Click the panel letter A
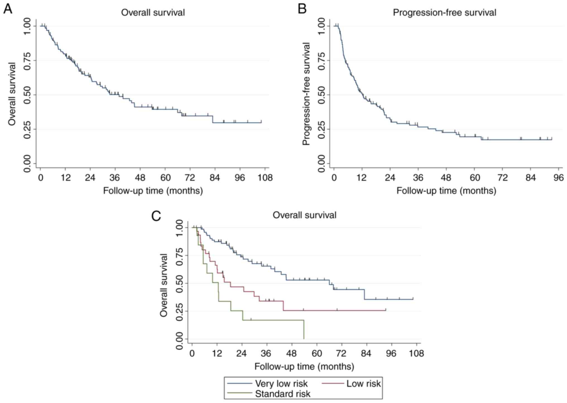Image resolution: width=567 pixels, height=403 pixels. pyautogui.click(x=8, y=9)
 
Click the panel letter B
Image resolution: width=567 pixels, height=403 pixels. pyautogui.click(x=302, y=9)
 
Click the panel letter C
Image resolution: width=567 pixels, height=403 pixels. pyautogui.click(x=156, y=216)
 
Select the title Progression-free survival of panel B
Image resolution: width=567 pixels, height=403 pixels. pyautogui.click(x=445, y=13)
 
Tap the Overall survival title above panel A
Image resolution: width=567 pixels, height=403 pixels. pyautogui.click(x=153, y=13)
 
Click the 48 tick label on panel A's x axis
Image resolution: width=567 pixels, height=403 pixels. pyautogui.click(x=140, y=178)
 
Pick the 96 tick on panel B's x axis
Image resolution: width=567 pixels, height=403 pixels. pyautogui.click(x=559, y=178)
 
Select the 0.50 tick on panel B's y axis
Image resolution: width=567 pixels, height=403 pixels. pyautogui.click(x=322, y=95)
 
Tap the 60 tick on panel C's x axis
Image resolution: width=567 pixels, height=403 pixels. pyautogui.click(x=317, y=353)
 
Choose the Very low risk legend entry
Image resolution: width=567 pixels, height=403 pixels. pyautogui.click(x=281, y=383)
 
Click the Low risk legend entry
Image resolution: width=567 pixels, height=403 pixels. pyautogui.click(x=363, y=383)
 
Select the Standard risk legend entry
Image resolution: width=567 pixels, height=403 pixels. pyautogui.click(x=282, y=394)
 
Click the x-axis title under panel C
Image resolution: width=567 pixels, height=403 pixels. pyautogui.click(x=304, y=366)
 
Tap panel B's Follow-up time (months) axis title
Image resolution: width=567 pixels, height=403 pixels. pyautogui.click(x=446, y=191)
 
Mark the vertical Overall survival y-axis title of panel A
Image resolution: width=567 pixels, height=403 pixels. pyautogui.click(x=12, y=94)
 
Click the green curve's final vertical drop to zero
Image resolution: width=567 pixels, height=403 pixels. pyautogui.click(x=304, y=330)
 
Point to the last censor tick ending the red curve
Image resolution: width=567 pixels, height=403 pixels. pyautogui.click(x=386, y=309)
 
